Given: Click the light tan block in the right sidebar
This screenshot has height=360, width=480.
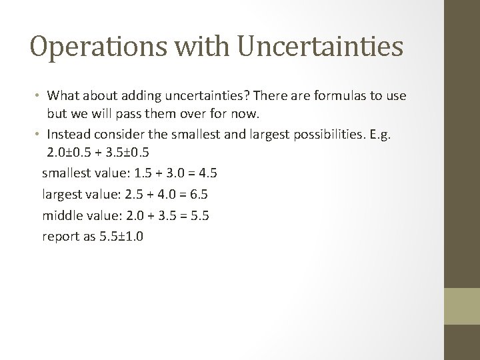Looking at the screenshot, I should point(462,305).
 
